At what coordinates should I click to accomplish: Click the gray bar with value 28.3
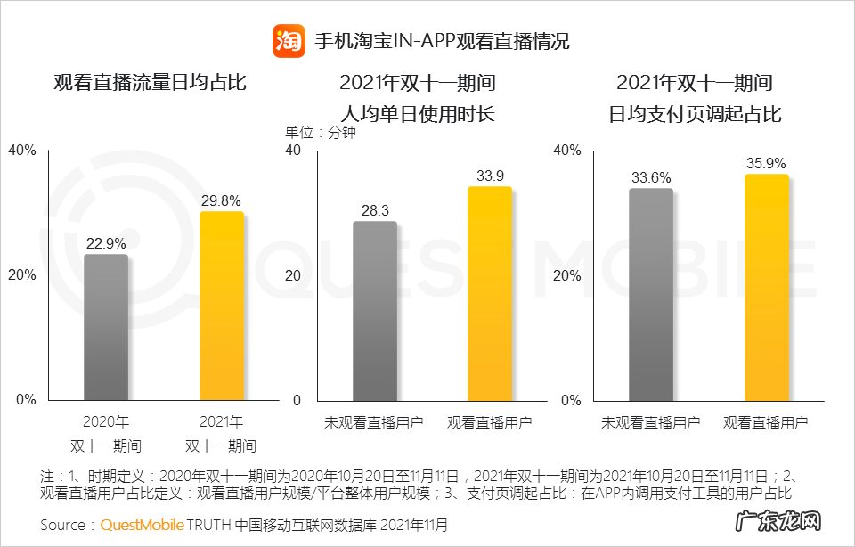click(x=375, y=311)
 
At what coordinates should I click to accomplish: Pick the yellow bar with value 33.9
click(x=490, y=293)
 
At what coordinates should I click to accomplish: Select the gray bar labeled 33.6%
click(x=651, y=294)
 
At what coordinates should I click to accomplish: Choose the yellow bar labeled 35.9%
click(x=767, y=287)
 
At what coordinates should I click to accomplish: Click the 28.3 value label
click(x=375, y=210)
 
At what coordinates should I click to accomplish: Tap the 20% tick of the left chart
click(x=21, y=275)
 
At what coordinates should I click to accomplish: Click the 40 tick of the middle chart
click(x=292, y=151)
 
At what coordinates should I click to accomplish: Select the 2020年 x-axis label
click(x=106, y=422)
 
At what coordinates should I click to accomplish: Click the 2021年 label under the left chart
click(x=221, y=422)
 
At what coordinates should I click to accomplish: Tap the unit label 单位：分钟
click(x=320, y=133)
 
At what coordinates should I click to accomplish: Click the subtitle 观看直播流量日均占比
click(x=150, y=84)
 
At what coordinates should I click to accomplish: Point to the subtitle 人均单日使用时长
click(x=417, y=114)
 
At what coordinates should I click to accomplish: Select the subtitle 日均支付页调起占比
click(x=695, y=114)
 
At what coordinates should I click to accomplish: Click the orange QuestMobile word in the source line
click(x=142, y=525)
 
